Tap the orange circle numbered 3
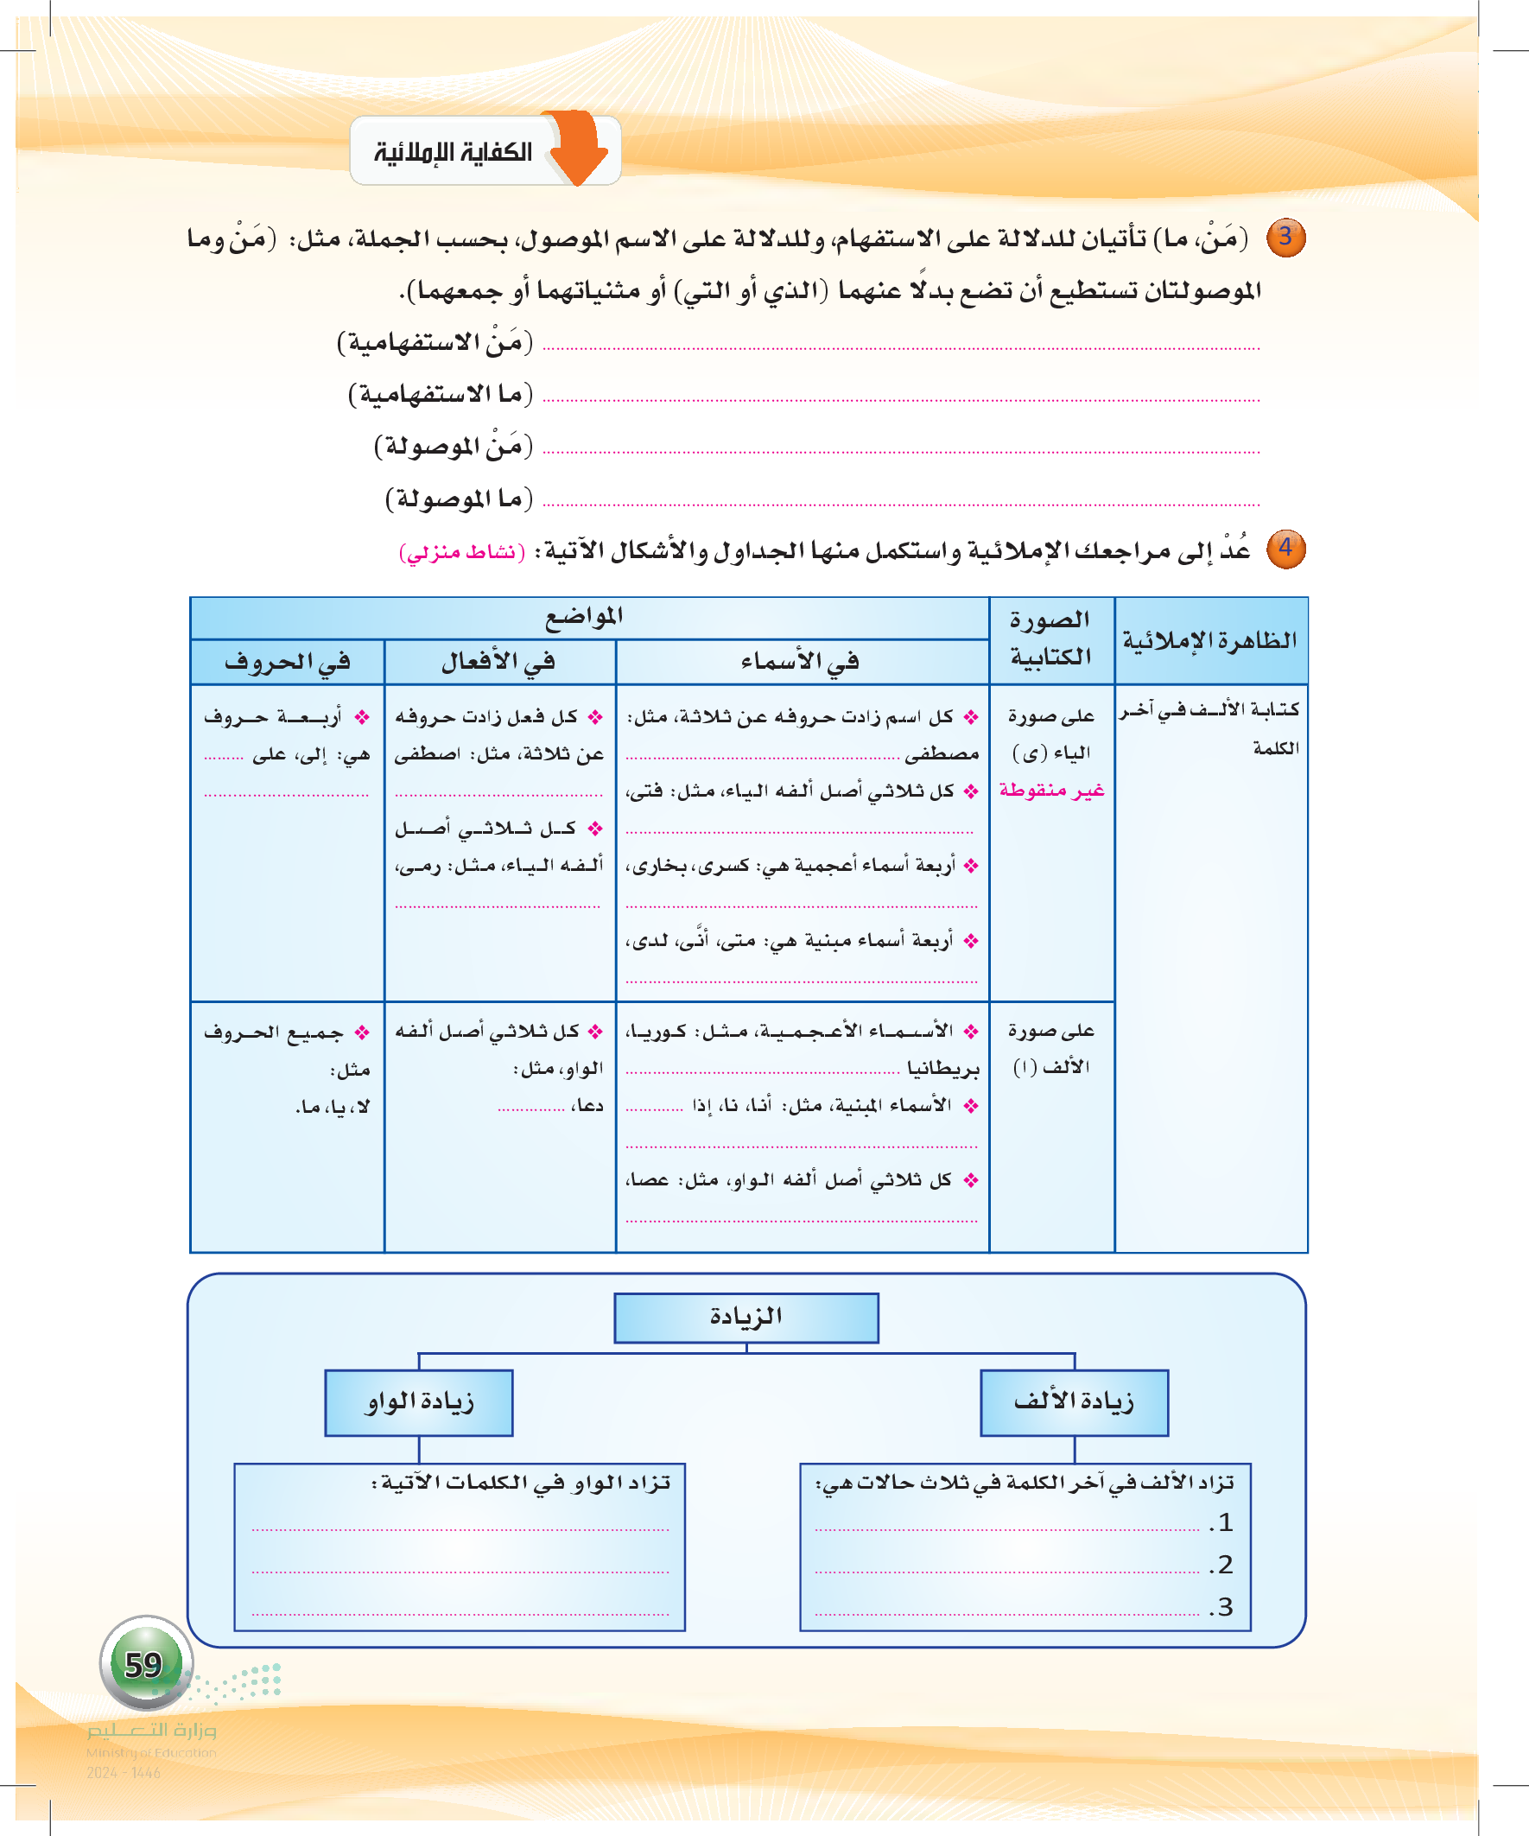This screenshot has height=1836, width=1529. (1286, 237)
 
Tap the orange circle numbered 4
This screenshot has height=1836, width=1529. (1286, 549)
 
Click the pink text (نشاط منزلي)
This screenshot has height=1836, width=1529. (461, 553)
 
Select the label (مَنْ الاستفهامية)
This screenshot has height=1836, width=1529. (435, 342)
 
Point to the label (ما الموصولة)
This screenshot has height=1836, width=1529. (459, 499)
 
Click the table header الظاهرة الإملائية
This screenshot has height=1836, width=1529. (1210, 641)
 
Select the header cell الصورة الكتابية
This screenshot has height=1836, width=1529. (1050, 639)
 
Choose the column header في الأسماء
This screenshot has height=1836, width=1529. (801, 662)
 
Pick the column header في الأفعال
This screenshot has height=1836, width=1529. (499, 662)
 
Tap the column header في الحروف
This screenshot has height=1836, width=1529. (288, 662)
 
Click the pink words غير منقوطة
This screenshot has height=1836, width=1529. (1051, 791)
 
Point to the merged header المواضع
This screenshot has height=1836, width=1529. (584, 617)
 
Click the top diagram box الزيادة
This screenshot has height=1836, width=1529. (745, 1317)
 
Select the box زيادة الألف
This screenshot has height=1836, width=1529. (1074, 1401)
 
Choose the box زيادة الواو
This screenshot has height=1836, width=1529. (419, 1401)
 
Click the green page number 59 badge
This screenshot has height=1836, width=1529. (144, 1664)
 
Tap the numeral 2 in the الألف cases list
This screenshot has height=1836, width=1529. (1225, 1565)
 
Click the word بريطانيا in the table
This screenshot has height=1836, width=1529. (943, 1069)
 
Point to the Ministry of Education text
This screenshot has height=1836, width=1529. (151, 1752)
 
